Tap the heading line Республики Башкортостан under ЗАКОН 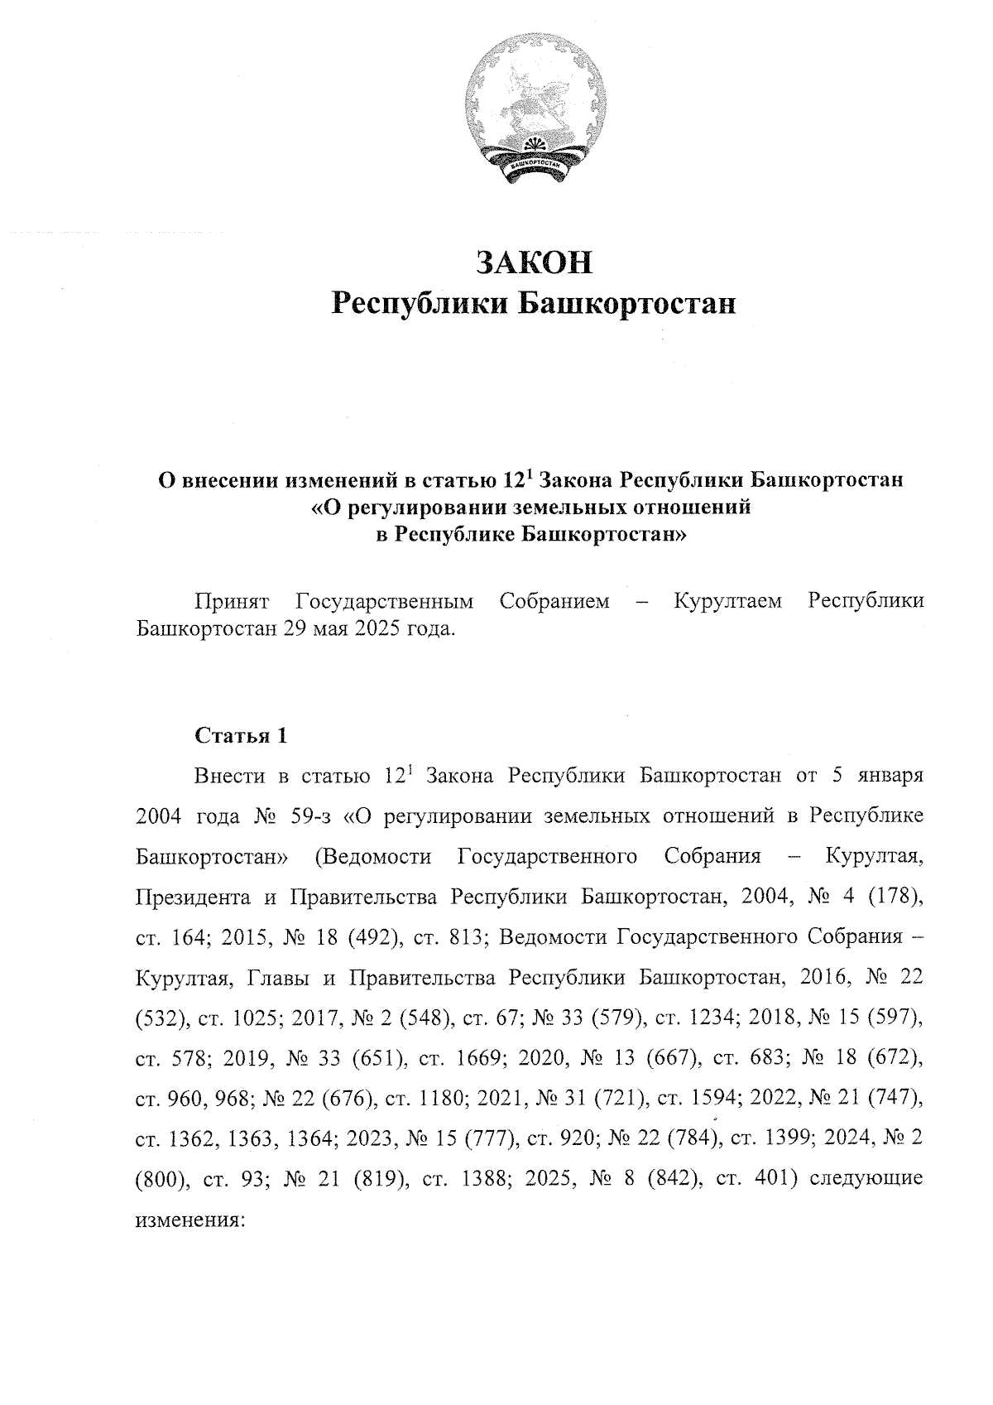(534, 304)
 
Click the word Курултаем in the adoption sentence (728, 601)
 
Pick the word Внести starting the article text (229, 777)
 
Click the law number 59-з (311, 816)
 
